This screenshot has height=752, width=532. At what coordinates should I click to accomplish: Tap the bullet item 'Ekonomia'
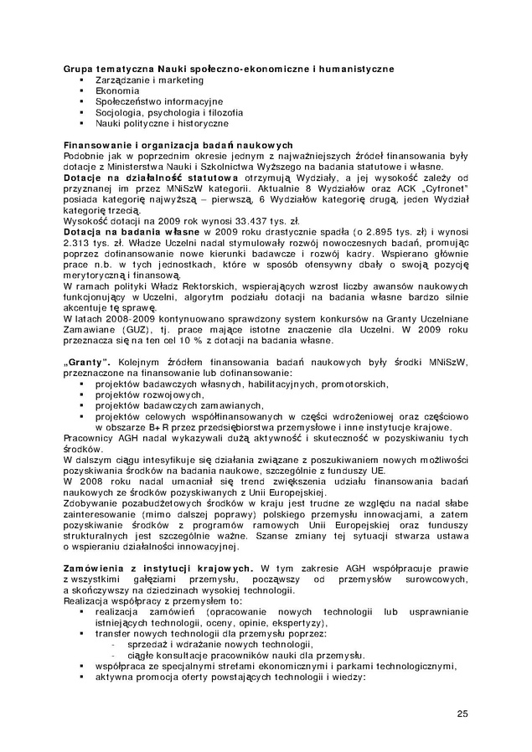pos(117,90)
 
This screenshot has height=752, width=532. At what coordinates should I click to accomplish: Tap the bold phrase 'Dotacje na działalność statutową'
pos(146,177)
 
